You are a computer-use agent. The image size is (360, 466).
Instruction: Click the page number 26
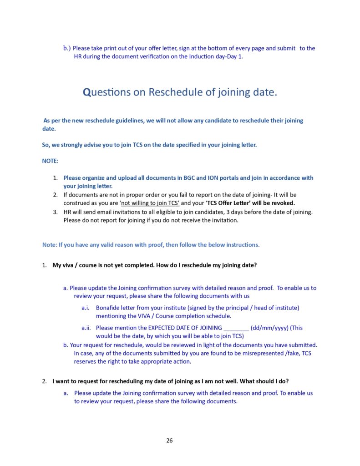point(169,441)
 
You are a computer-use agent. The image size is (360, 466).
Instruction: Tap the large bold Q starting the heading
point(87,92)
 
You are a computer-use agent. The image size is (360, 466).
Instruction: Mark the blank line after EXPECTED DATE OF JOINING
point(236,328)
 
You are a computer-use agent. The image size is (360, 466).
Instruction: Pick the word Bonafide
point(107,308)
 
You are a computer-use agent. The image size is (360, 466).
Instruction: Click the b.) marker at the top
point(67,48)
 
